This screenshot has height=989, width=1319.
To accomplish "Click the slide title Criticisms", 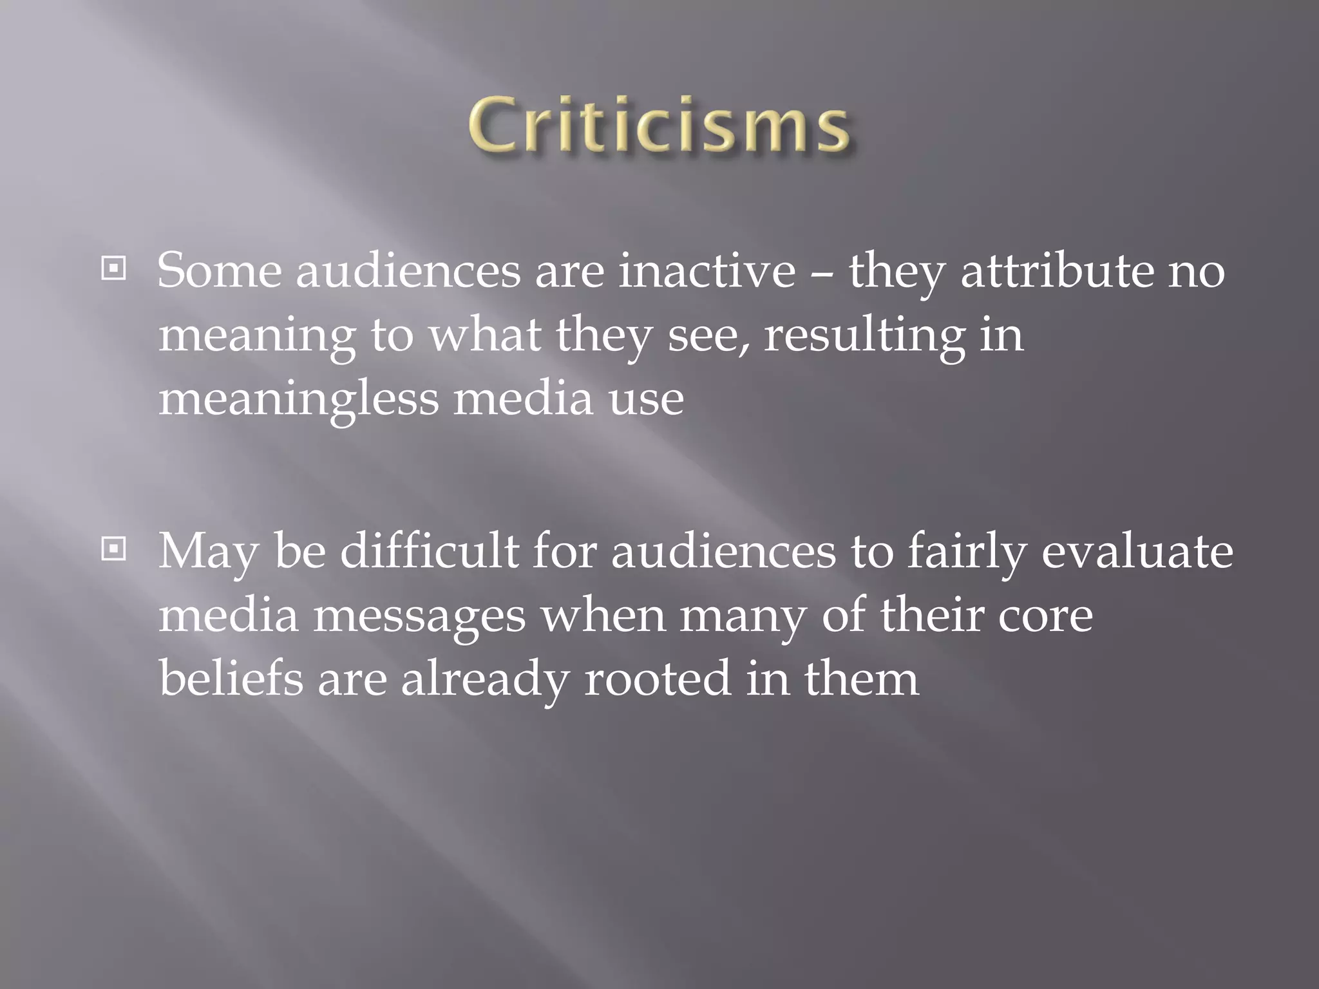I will click(658, 126).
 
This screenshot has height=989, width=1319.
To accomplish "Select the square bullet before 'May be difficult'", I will click(113, 549).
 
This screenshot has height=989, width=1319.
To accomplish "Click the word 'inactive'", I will click(707, 270).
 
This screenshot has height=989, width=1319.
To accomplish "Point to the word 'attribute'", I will click(1057, 270).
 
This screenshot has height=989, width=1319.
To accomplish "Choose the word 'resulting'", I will click(864, 336).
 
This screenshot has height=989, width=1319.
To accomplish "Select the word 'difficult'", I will click(429, 551).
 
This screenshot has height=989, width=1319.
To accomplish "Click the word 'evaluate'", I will click(1137, 551).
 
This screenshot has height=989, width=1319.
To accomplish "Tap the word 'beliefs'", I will click(231, 678).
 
